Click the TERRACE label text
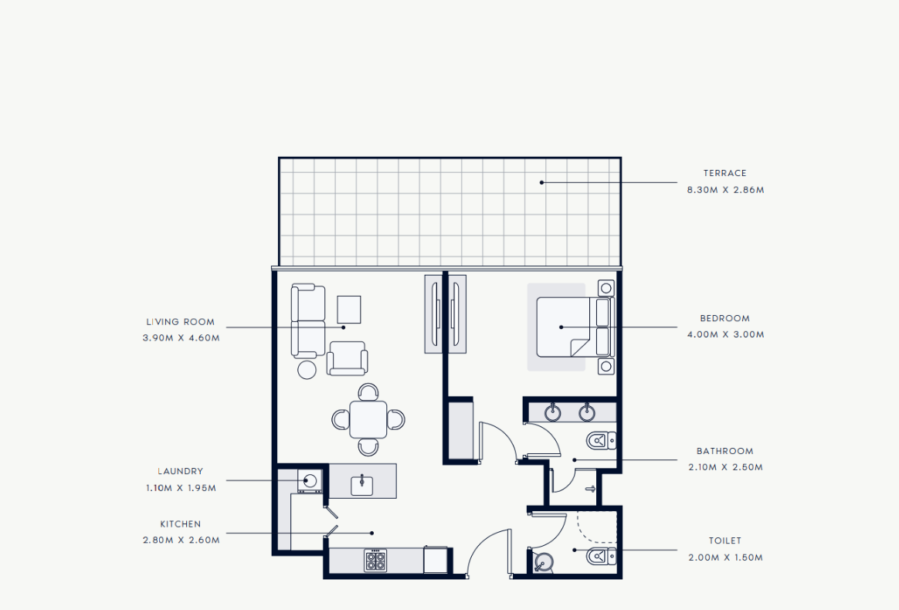(x=724, y=173)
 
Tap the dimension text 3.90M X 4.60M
(x=181, y=338)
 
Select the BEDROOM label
(x=724, y=318)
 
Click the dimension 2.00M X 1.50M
(x=725, y=557)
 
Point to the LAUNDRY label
(x=181, y=471)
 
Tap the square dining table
(x=368, y=419)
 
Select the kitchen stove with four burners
(x=375, y=560)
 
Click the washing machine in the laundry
(x=310, y=481)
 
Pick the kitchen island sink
(x=361, y=486)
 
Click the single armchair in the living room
(x=347, y=359)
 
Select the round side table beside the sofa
(x=307, y=370)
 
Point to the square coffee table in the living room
(x=348, y=310)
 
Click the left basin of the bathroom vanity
(x=553, y=412)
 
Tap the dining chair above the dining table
(x=368, y=392)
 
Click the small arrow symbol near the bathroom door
(x=590, y=489)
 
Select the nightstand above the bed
(x=606, y=288)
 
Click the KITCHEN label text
(x=181, y=524)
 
